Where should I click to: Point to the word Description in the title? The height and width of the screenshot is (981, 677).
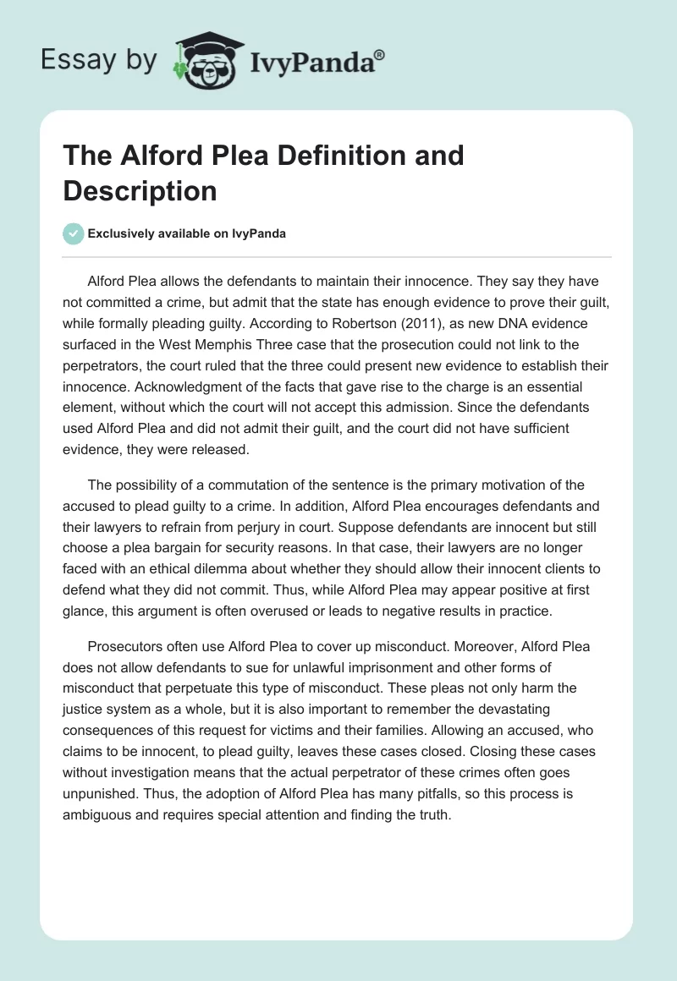pos(140,190)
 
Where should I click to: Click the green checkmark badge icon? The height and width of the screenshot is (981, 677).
pos(74,233)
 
